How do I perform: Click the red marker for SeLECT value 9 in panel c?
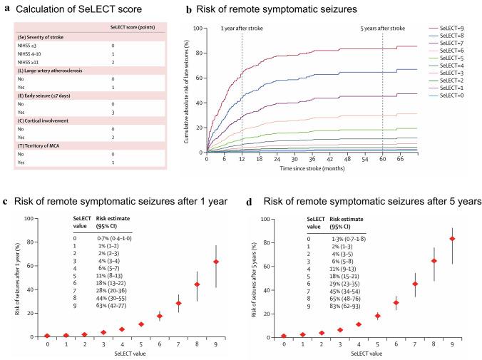[216, 262]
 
